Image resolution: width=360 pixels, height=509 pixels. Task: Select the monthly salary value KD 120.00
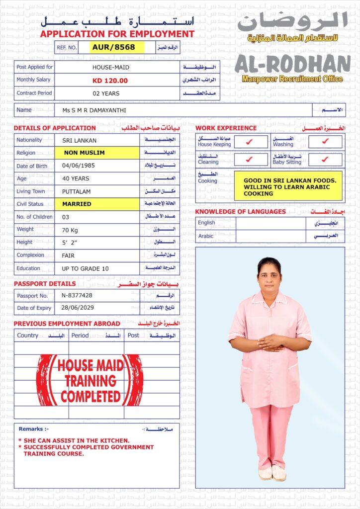coord(110,81)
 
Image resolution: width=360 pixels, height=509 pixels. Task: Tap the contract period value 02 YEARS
coord(106,93)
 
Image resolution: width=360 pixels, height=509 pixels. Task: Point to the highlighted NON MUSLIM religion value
coord(84,153)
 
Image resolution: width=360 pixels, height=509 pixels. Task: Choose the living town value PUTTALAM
coord(76,191)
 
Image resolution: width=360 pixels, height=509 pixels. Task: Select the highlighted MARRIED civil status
coord(77,204)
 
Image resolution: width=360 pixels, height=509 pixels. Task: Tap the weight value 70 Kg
coord(72,230)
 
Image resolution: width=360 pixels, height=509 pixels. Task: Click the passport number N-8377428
coord(77,295)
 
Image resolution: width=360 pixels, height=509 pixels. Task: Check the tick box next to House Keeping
coord(250,142)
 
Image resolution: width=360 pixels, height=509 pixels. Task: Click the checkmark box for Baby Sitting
coord(325,160)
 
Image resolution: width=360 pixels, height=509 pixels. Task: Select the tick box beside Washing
coord(325,142)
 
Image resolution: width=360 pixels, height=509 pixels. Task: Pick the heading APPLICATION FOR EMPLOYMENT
coord(117,34)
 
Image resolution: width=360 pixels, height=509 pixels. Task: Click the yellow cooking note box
coord(288,186)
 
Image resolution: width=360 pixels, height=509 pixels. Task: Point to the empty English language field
coord(270,223)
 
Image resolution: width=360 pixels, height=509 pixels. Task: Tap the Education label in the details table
coord(28,268)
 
